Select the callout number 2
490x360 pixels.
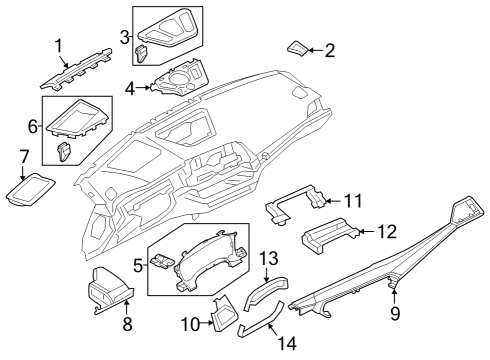pyautogui.click(x=330, y=49)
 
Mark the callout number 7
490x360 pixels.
pyautogui.click(x=25, y=156)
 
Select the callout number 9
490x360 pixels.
pyautogui.click(x=395, y=315)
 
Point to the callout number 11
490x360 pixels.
pyautogui.click(x=352, y=199)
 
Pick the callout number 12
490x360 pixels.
pyautogui.click(x=387, y=232)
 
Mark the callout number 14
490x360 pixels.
pyautogui.click(x=287, y=343)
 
